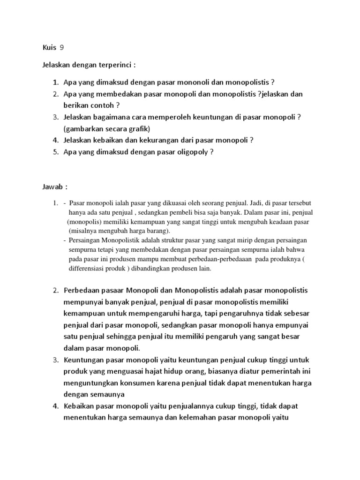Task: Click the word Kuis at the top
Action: (x=49, y=47)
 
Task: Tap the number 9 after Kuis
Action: (x=62, y=47)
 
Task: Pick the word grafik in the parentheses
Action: (x=143, y=128)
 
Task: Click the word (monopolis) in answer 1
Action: (x=86, y=222)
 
